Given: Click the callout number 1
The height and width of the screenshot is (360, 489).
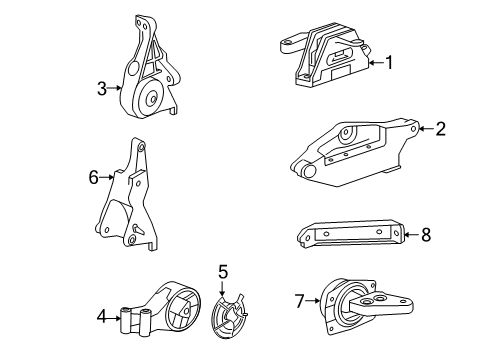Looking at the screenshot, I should [390, 63].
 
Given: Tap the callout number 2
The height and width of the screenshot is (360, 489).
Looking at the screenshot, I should [439, 127].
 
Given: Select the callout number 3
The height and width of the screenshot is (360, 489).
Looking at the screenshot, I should [101, 88].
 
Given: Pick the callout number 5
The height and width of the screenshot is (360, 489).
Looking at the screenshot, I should [223, 271].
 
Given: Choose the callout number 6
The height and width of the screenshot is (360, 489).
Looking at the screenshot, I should [93, 178].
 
